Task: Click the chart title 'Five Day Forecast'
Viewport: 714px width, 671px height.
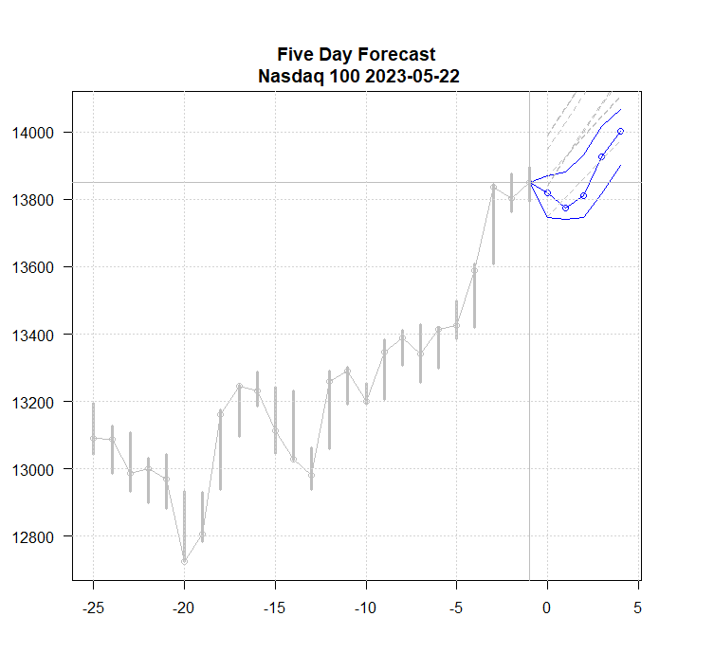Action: click(357, 55)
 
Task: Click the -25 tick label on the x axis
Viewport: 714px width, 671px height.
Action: click(93, 607)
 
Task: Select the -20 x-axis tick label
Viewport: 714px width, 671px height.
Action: click(184, 607)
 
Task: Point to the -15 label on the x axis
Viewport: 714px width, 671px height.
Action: click(275, 607)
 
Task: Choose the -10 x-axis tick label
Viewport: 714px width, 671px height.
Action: click(366, 607)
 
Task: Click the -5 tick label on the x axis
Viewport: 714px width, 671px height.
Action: click(456, 607)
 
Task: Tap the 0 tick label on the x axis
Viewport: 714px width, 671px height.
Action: click(547, 607)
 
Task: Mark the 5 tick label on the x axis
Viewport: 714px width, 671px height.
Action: click(638, 607)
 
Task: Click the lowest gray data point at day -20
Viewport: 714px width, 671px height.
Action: click(184, 561)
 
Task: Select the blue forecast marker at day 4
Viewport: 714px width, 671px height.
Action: click(620, 131)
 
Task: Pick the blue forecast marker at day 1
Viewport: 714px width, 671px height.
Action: click(565, 208)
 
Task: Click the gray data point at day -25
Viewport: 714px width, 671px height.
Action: click(93, 438)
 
